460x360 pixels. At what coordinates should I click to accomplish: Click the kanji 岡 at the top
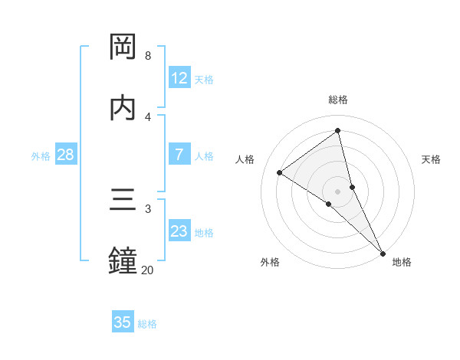pos(123,47)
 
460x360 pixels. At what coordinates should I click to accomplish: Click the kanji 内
pos(123,108)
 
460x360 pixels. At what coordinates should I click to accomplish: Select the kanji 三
pos(123,200)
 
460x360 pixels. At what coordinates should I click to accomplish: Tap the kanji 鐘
pos(123,260)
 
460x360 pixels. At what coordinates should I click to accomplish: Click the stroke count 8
pos(148,56)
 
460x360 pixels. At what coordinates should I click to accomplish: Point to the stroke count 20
pos(147,270)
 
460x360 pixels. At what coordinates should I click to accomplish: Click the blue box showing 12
pos(179,78)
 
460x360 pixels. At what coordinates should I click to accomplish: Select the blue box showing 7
pos(179,155)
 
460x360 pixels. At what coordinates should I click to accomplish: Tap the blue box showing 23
pos(179,231)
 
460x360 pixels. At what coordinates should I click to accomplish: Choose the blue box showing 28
pos(66,155)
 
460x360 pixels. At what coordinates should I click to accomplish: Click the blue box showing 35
pos(123,322)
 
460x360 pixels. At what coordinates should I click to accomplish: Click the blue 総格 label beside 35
pos(147,324)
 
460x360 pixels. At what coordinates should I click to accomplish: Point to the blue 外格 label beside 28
pos(41,156)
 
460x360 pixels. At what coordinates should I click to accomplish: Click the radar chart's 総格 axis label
pos(338,100)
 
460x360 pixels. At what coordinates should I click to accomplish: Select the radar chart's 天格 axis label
pos(432,159)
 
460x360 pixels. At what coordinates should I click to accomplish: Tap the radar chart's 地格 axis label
pos(402,262)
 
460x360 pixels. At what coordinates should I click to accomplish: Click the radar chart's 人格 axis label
pos(245,159)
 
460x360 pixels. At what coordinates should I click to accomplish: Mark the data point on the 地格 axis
pos(383,253)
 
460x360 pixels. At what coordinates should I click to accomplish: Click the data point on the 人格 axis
pos(280,172)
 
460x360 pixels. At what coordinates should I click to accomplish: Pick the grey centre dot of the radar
pos(338,191)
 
